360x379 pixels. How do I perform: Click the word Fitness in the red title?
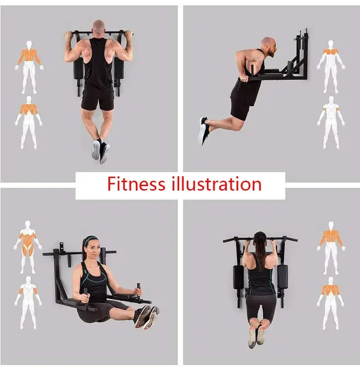[136, 184]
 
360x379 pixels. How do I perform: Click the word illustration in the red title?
[216, 184]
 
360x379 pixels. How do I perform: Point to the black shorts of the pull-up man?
[98, 101]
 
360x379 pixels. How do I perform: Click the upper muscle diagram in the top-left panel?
[29, 67]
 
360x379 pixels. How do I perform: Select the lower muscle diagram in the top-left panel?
[28, 123]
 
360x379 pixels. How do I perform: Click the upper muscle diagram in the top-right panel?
[331, 67]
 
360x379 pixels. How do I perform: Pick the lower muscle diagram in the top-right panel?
[331, 122]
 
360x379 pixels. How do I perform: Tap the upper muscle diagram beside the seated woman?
[28, 247]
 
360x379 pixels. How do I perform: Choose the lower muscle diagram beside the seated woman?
[28, 303]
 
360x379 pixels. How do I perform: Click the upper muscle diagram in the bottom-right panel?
[331, 248]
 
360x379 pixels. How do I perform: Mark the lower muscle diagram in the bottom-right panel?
[331, 303]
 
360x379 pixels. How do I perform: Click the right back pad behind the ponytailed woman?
[282, 277]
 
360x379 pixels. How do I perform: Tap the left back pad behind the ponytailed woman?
[238, 277]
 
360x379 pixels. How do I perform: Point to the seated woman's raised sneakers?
[147, 317]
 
